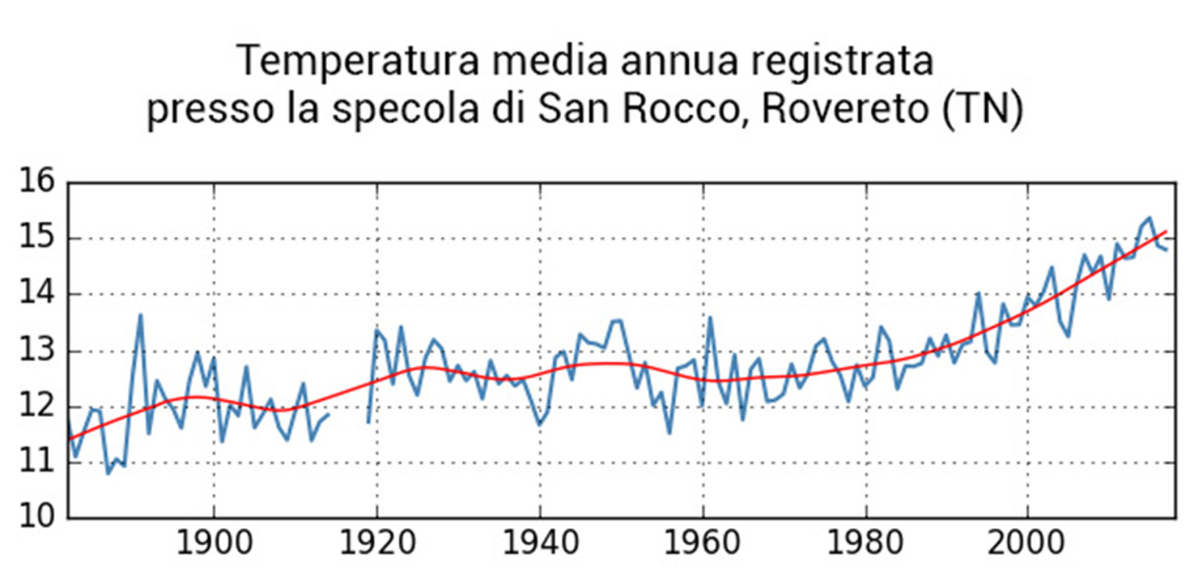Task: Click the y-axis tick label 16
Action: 38,184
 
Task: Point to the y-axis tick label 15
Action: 38,239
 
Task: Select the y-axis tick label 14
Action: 38,295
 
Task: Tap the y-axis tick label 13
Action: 38,350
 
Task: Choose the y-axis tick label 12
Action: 38,407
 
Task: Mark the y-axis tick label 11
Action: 38,463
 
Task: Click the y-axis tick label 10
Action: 38,518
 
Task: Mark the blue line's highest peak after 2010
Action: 1150,218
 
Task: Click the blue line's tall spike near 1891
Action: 140,315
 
